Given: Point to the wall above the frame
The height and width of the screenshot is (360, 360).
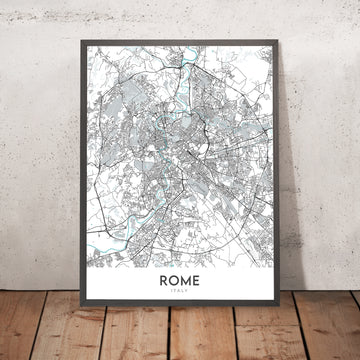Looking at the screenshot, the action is point(180,20).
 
